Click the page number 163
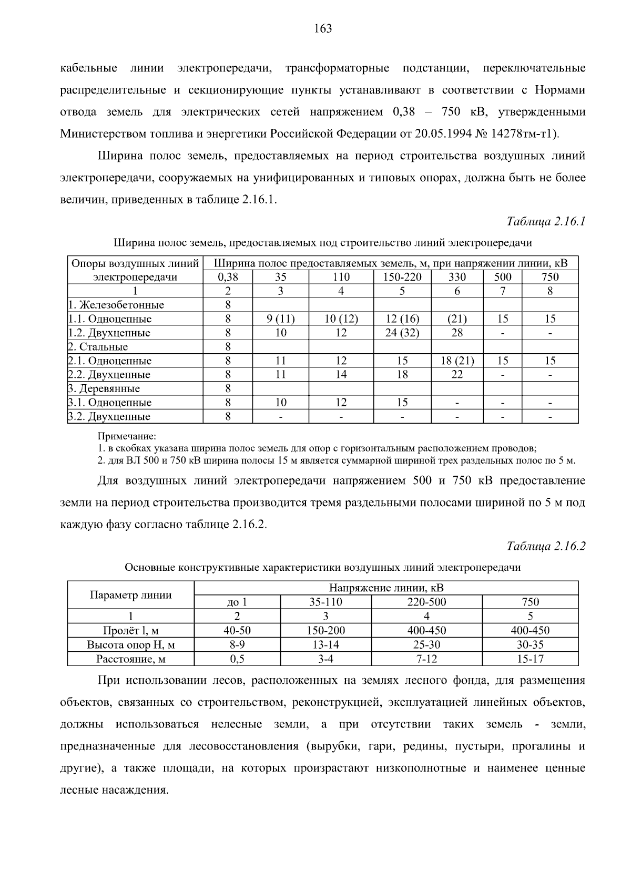(x=323, y=29)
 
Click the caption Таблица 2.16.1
(x=546, y=221)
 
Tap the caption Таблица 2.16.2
(x=546, y=546)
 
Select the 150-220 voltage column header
(x=402, y=277)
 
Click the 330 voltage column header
(x=457, y=277)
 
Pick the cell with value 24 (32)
(x=402, y=333)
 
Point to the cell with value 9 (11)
(x=281, y=319)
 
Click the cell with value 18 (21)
(x=457, y=361)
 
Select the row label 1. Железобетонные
(x=117, y=305)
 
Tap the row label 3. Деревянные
(x=104, y=388)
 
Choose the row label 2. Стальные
(x=98, y=347)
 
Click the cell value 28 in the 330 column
(x=457, y=333)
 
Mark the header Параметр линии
(x=130, y=595)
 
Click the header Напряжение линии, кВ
(x=386, y=588)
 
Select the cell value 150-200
(x=325, y=630)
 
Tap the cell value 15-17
(x=530, y=659)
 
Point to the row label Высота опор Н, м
(x=130, y=644)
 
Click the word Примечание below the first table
(x=127, y=436)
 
